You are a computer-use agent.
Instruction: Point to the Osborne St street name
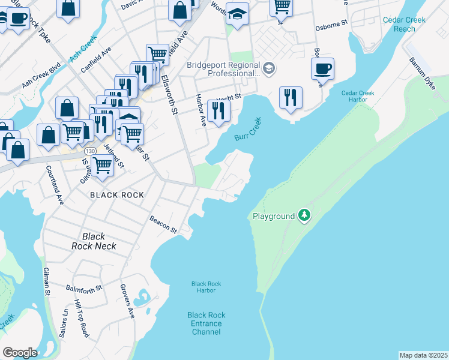tap(331, 27)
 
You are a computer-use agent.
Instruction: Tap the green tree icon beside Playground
tap(304, 215)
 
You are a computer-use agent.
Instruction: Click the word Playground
tap(274, 216)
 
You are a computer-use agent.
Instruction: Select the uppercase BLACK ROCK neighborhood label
tap(117, 195)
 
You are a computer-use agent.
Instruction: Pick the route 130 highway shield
tap(90, 150)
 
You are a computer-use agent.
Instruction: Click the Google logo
tap(20, 352)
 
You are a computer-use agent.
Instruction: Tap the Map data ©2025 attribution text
tap(423, 355)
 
